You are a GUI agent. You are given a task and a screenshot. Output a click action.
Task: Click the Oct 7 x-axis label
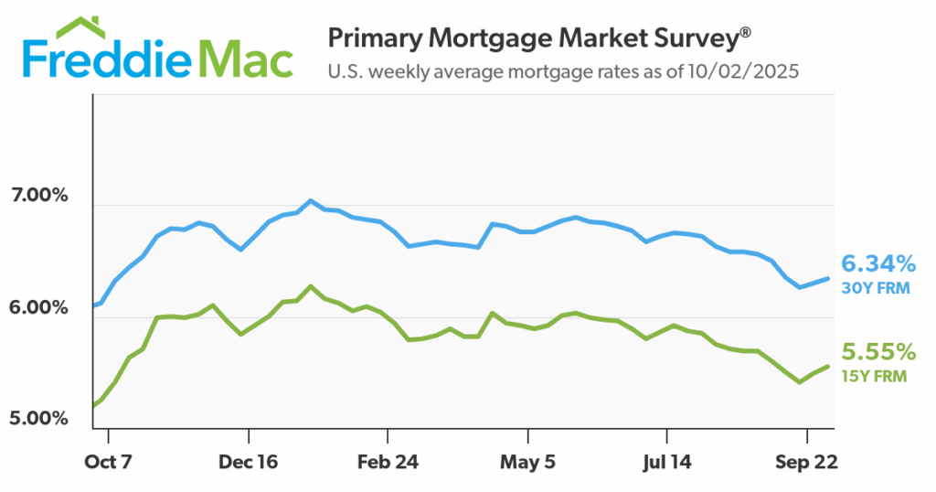109,462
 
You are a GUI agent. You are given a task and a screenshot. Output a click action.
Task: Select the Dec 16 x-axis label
248,462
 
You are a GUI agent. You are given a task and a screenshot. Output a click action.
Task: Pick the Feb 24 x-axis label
388,462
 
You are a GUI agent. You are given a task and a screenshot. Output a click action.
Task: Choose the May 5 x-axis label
527,462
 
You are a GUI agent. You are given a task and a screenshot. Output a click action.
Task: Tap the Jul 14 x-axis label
666,462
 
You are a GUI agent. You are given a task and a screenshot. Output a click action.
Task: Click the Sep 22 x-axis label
806,462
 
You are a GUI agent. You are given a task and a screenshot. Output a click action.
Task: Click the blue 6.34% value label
878,264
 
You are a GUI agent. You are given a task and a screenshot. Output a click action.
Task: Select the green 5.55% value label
878,352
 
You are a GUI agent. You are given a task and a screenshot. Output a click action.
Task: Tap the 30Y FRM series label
873,288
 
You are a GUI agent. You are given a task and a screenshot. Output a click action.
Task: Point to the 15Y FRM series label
873,376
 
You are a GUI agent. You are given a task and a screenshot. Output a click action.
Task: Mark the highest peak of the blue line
311,200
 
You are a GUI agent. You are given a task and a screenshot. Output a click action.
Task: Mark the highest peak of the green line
311,286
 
